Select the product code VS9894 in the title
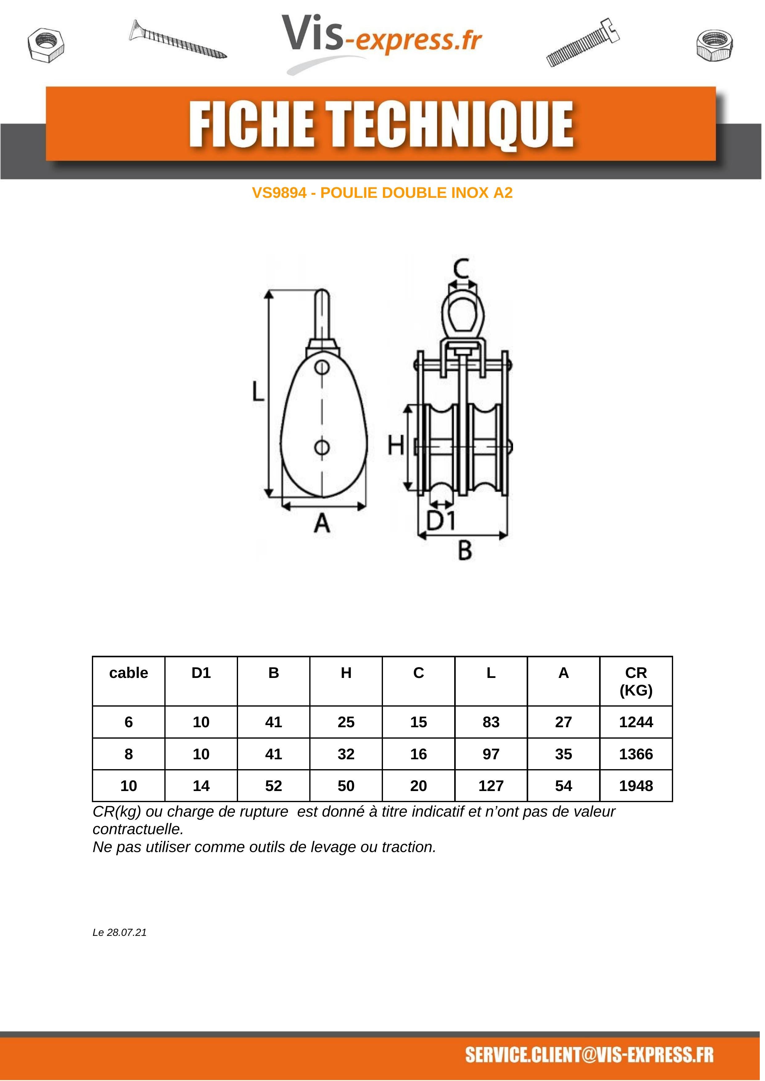click(279, 193)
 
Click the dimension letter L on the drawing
click(257, 391)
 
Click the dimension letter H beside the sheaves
click(396, 445)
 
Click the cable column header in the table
click(129, 673)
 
